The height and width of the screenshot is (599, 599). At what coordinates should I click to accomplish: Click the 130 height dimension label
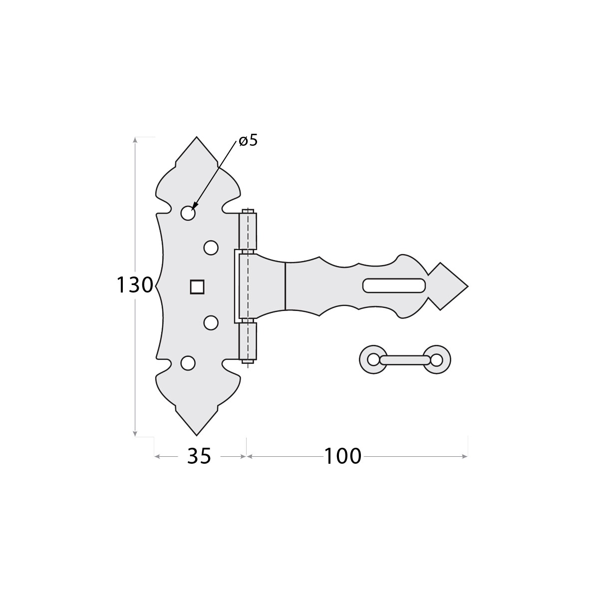(135, 285)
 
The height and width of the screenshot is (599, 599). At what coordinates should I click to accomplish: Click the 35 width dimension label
(199, 456)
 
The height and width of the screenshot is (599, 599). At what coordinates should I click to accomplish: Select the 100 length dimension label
(343, 456)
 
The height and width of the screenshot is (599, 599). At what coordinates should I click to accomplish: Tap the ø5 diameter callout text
(249, 141)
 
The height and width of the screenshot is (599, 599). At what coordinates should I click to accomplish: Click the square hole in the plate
(197, 287)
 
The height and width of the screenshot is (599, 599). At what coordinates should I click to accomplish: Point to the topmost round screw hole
(188, 213)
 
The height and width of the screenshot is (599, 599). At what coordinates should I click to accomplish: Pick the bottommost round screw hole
(188, 363)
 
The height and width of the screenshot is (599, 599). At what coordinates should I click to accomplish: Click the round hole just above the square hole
(211, 248)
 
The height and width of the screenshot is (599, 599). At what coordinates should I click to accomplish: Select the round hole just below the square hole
(211, 322)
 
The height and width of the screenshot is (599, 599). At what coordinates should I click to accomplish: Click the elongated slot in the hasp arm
(394, 286)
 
